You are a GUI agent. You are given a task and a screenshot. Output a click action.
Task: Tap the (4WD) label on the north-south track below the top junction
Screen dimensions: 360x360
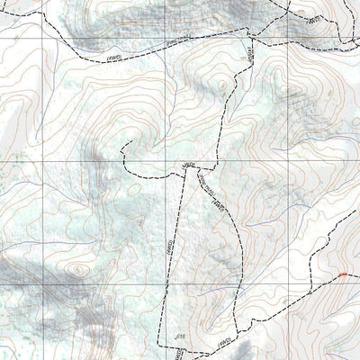click(x=244, y=56)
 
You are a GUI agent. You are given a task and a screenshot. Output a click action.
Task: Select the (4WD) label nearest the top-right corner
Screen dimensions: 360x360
click(x=312, y=19)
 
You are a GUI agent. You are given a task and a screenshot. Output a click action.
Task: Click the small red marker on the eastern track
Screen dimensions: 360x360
click(x=342, y=273)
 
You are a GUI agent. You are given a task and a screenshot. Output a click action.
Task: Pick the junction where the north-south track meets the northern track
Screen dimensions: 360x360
click(x=250, y=39)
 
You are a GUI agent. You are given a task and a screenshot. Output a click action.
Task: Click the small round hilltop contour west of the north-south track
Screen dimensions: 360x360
click(x=221, y=87)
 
